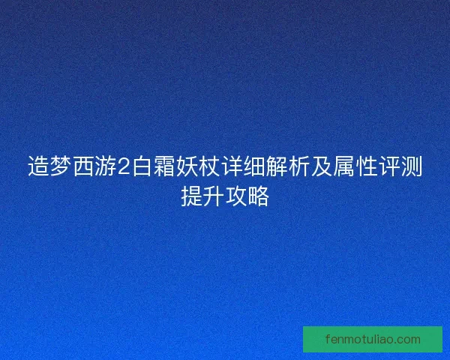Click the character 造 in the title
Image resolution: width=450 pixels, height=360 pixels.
38,167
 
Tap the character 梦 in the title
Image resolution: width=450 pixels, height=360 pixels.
61,167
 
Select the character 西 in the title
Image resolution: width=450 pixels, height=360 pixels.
83,167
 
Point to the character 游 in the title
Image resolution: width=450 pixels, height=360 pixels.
106,167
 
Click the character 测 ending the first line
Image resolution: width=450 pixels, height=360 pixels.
412,167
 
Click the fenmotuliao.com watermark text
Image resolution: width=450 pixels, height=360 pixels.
373,339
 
